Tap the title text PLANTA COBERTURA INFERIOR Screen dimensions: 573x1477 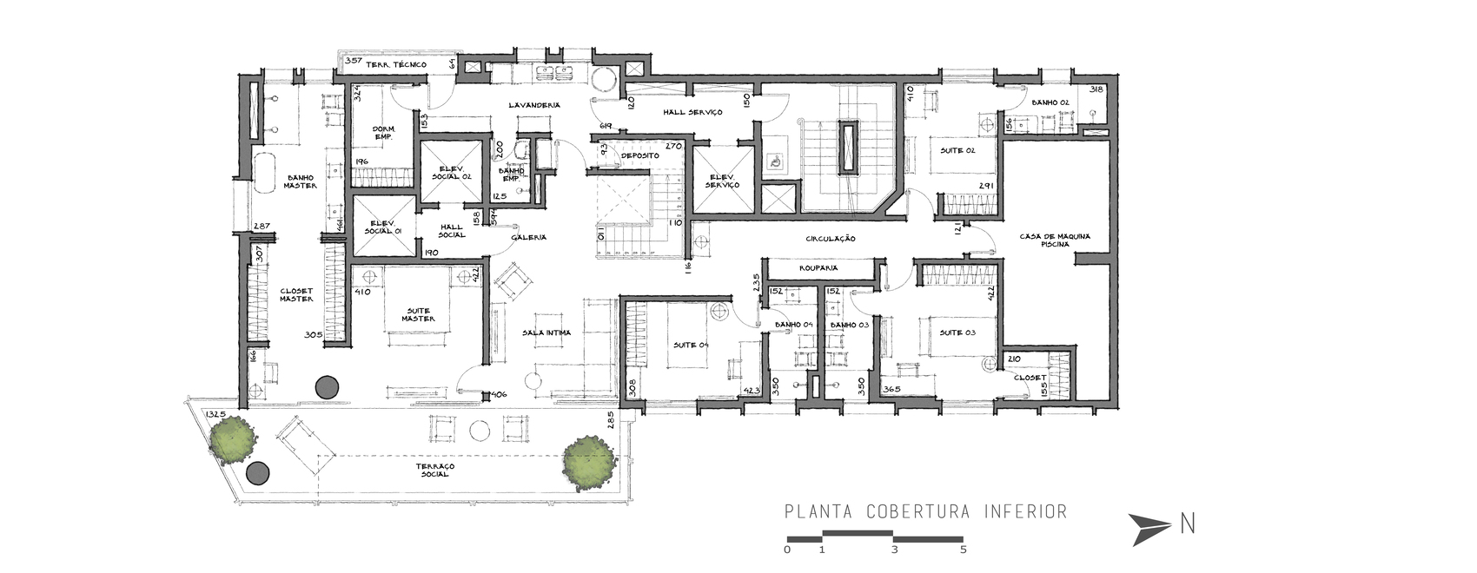[x=925, y=511]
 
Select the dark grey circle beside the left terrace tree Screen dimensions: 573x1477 [x=257, y=473]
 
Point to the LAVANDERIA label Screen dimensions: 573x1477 [x=533, y=105]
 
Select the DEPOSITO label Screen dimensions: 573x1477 [x=639, y=155]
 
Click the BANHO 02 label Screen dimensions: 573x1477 [x=1050, y=102]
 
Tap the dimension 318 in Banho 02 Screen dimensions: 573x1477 [x=1096, y=89]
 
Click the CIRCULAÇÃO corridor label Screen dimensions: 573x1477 [x=831, y=238]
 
